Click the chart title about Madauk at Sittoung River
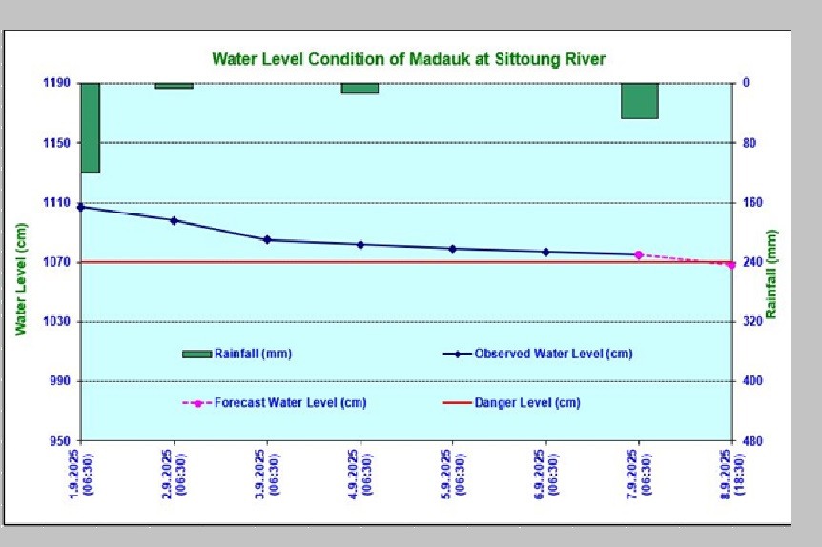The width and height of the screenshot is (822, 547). pyautogui.click(x=408, y=59)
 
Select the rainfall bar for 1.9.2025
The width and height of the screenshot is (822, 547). pyautogui.click(x=91, y=128)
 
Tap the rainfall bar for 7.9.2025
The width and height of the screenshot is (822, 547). pyautogui.click(x=639, y=100)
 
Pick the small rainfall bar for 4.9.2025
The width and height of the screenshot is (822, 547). pyautogui.click(x=360, y=88)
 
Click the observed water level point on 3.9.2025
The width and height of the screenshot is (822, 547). pyautogui.click(x=267, y=239)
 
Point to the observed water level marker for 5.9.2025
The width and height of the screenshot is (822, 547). pyautogui.click(x=453, y=249)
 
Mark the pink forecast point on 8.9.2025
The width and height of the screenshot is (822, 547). pyautogui.click(x=731, y=264)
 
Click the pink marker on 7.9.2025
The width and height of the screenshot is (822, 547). pyautogui.click(x=639, y=254)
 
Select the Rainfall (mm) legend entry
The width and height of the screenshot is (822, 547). pyautogui.click(x=236, y=354)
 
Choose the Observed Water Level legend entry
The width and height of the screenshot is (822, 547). pyautogui.click(x=538, y=354)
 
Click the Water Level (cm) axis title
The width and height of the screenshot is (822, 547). pyautogui.click(x=21, y=277)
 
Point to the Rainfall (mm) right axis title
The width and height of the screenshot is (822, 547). pyautogui.click(x=772, y=275)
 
